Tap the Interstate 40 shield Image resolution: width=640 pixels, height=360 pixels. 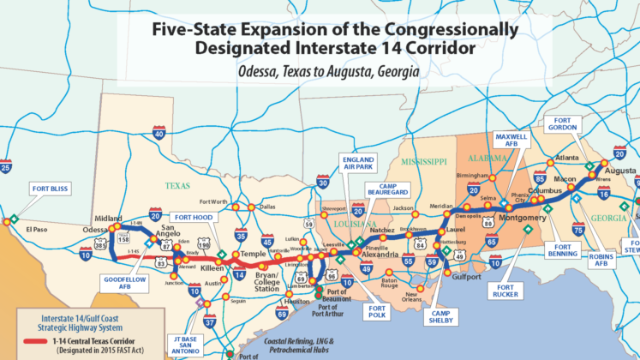click(160, 133)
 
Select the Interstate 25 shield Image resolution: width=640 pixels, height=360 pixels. click(6, 168)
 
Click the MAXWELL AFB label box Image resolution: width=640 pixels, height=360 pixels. click(512, 142)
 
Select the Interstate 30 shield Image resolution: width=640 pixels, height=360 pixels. click(322, 183)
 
